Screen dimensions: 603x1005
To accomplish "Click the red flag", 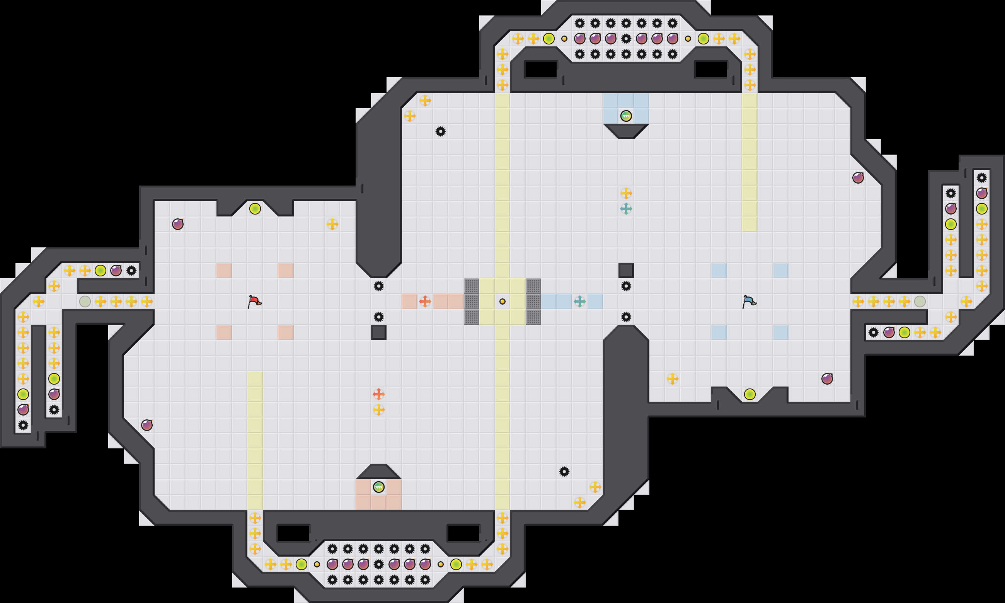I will click(254, 301).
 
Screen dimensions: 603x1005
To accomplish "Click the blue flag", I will click(749, 301).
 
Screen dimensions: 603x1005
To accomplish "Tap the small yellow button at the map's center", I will click(502, 301).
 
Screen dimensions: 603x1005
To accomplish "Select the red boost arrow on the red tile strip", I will click(425, 301).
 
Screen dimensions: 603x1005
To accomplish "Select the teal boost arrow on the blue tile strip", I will click(580, 301).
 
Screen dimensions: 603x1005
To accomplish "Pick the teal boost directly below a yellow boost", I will click(626, 209).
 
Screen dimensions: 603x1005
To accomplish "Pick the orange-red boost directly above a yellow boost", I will click(378, 394).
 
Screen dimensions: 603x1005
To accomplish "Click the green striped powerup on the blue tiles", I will click(626, 116).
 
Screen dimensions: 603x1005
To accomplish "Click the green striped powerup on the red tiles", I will click(378, 487).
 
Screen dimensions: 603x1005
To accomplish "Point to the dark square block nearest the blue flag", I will click(626, 270).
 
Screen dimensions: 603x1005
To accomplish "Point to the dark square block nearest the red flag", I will click(378, 332).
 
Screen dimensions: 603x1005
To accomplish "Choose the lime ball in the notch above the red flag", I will click(255, 209).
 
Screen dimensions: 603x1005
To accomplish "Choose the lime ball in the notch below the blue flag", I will click(749, 394).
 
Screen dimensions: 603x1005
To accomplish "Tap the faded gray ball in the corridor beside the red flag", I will click(85, 301).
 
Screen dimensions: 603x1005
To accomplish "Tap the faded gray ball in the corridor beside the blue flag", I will click(920, 301).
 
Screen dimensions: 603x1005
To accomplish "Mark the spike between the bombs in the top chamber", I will click(626, 39).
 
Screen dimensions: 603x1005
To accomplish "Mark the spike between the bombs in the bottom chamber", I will click(378, 564).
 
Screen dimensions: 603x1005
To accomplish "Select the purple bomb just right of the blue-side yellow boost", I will click(827, 379).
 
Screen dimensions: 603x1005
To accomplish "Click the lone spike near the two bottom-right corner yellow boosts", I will click(564, 471).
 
